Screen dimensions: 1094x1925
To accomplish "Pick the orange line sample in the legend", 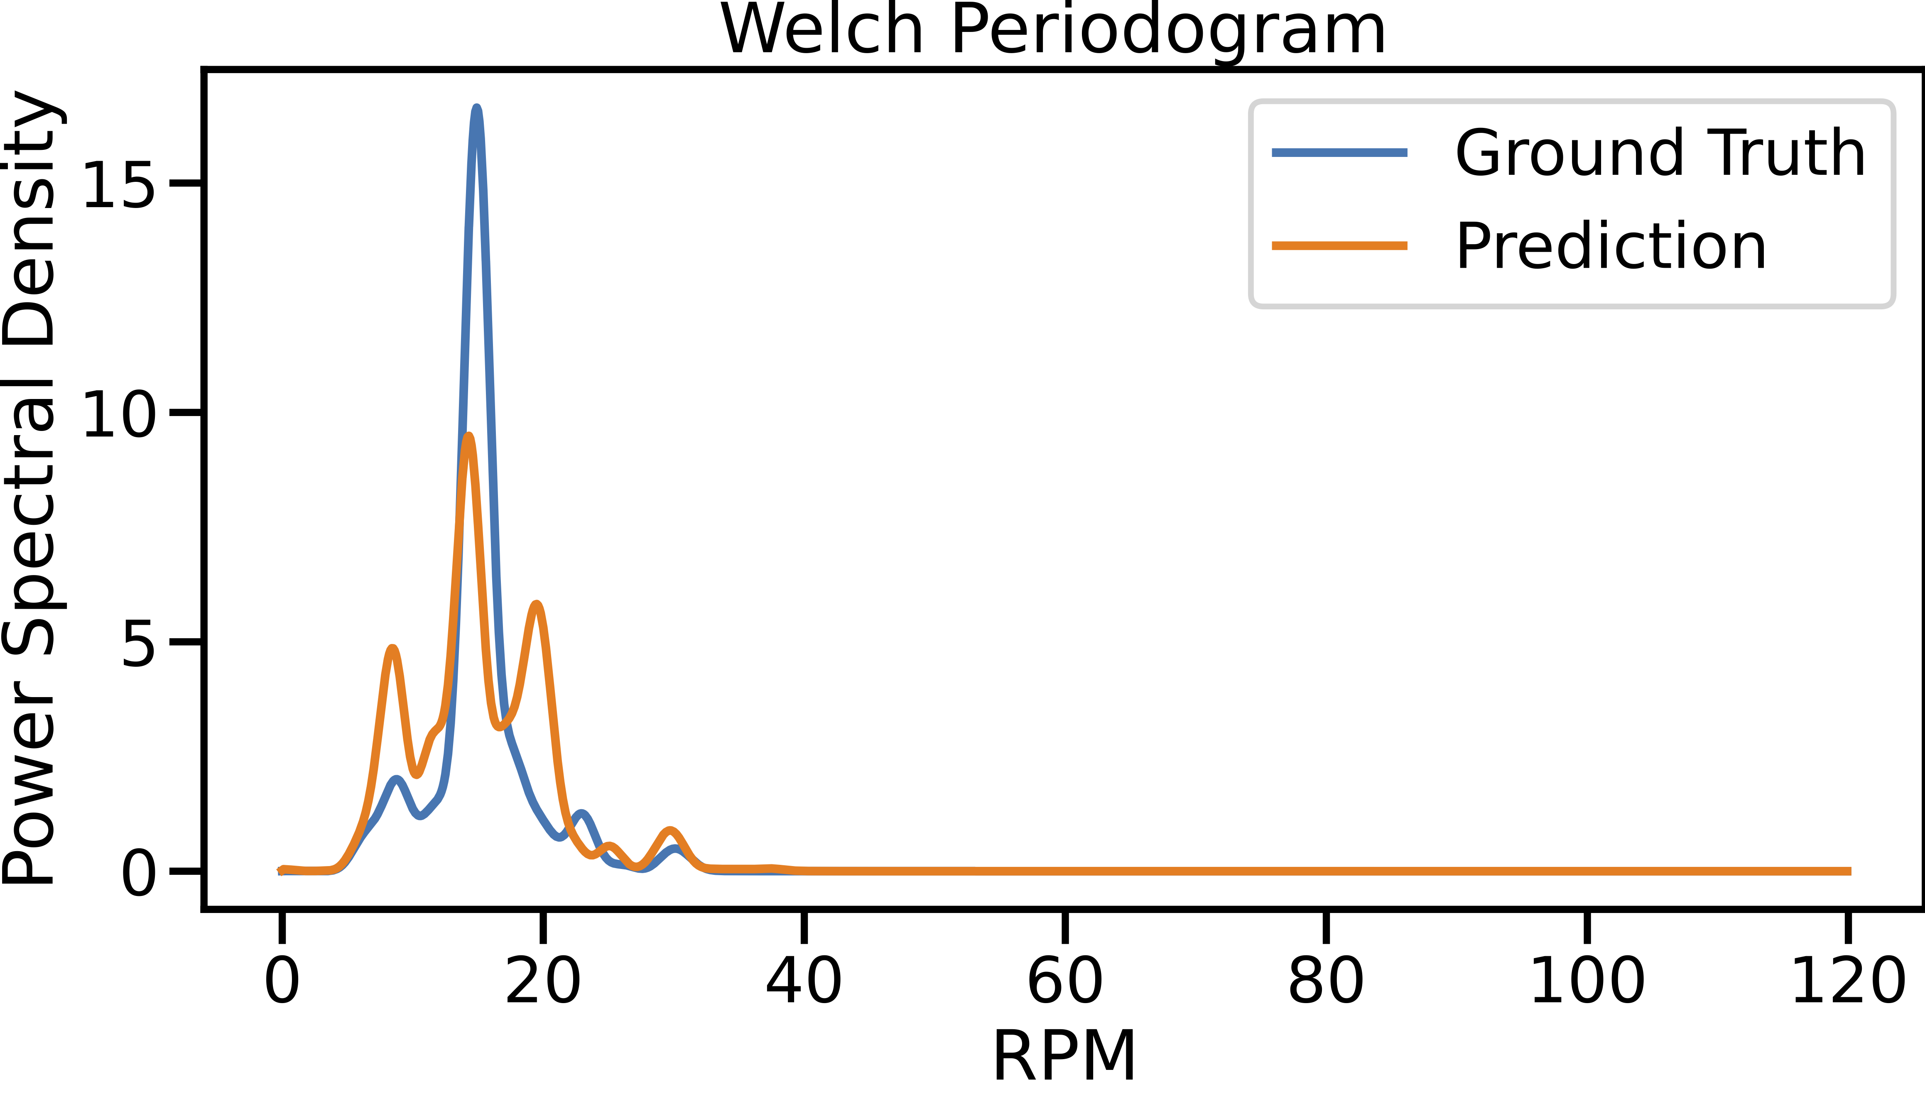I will pos(1339,246).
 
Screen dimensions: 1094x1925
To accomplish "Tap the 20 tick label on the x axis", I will pos(542,981).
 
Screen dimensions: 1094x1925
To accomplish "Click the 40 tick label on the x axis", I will pos(803,981).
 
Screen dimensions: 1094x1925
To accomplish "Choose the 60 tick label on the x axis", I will pos(1065,981).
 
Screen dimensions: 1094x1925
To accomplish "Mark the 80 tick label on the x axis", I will pos(1325,981).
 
